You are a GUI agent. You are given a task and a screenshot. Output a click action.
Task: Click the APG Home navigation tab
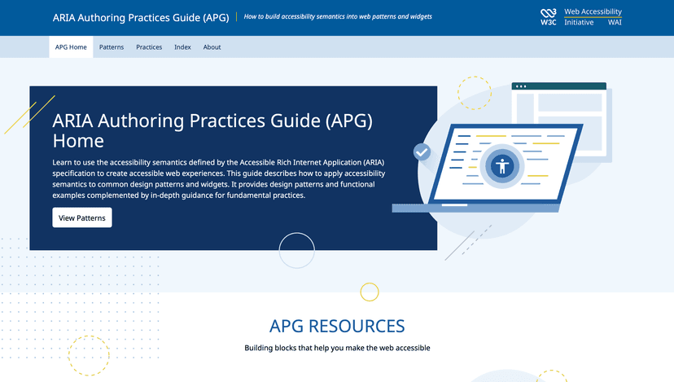(x=71, y=47)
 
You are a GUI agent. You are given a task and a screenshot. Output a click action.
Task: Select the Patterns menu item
(x=112, y=47)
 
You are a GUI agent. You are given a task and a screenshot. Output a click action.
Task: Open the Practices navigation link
(x=149, y=47)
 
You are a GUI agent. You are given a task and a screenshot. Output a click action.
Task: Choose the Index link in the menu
(x=182, y=47)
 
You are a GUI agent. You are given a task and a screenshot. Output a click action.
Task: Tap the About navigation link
(x=212, y=47)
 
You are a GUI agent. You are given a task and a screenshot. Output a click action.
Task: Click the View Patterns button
(x=82, y=218)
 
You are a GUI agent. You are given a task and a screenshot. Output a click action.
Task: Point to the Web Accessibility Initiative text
(x=593, y=17)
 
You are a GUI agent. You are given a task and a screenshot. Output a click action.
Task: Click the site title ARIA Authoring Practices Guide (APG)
(x=141, y=16)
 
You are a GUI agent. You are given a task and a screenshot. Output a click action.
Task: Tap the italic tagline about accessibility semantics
(x=338, y=16)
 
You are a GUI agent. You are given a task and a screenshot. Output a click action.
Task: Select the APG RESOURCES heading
(x=337, y=326)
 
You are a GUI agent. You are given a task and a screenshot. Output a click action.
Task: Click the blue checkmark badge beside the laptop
(x=422, y=151)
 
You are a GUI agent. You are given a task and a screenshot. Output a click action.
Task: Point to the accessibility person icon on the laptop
(x=501, y=166)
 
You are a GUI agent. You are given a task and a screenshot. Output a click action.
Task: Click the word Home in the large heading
(x=77, y=141)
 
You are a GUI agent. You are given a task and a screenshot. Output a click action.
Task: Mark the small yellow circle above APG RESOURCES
(x=370, y=292)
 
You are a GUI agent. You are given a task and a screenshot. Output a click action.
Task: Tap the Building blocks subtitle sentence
(x=337, y=348)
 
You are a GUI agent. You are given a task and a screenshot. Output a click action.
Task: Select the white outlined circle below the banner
(x=296, y=250)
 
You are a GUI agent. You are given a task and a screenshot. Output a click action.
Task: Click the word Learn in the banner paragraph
(x=63, y=163)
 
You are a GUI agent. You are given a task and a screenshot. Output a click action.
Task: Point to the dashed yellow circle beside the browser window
(x=475, y=93)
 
